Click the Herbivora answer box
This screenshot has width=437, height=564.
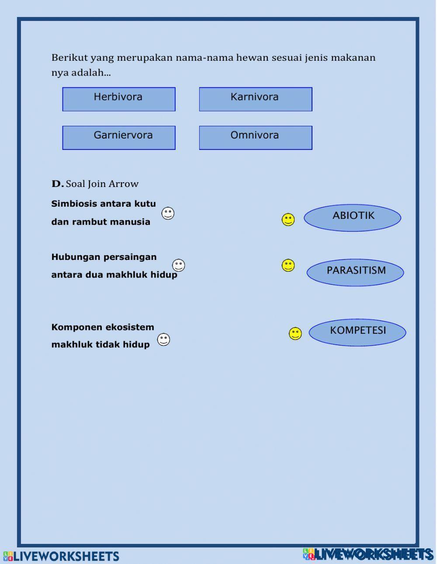coord(119,99)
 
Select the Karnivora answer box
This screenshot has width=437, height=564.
coord(256,99)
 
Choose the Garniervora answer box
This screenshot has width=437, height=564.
coord(119,138)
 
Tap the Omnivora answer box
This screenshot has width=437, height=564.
coord(256,138)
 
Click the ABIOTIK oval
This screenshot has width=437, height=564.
coord(352,217)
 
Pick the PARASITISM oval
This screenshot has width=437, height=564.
coord(355,272)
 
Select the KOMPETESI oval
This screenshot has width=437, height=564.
coord(357,332)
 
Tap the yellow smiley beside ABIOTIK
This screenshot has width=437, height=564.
coord(288,220)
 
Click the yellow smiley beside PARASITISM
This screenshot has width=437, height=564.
coord(288,265)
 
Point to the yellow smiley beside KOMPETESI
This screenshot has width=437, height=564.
coord(295,334)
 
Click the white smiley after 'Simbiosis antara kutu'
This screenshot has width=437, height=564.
coord(168,213)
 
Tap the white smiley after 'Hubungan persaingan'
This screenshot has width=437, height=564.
coord(178,265)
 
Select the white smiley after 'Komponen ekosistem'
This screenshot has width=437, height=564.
coord(163,339)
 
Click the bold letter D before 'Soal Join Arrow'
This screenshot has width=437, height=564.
coord(57,184)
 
